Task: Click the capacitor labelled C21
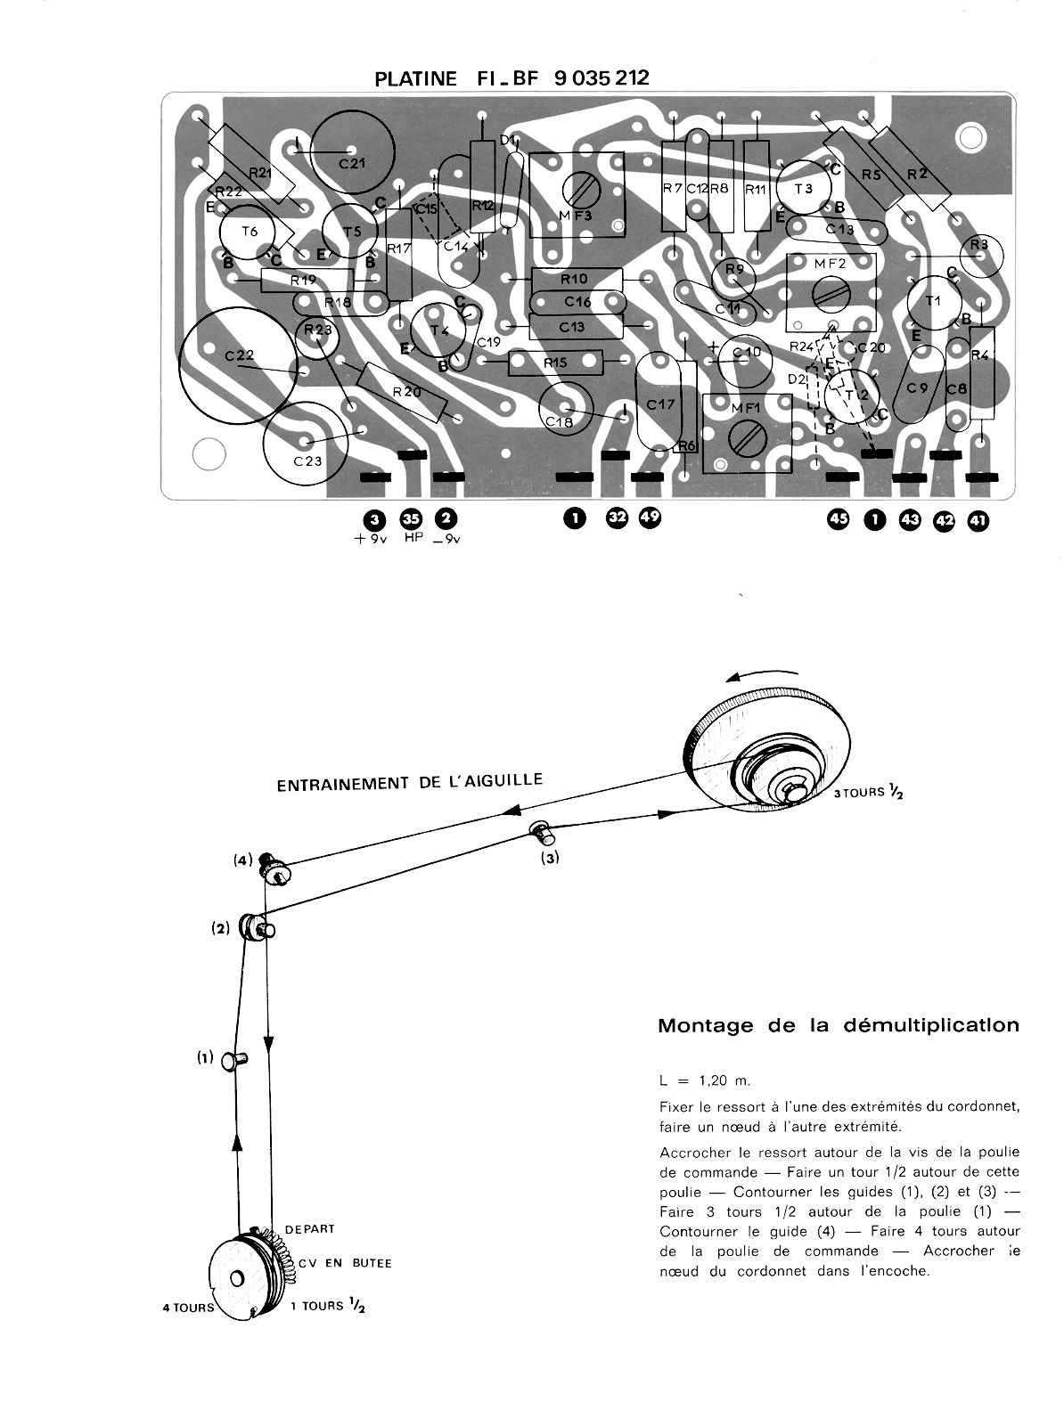[x=353, y=151]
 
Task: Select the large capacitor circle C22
[x=239, y=366]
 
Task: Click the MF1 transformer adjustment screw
[x=749, y=436]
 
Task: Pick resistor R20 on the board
[x=402, y=393]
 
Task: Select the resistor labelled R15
[x=555, y=363]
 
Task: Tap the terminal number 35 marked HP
[x=411, y=518]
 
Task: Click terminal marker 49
[x=649, y=518]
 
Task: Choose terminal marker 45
[x=839, y=520]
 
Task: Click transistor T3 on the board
[x=804, y=189]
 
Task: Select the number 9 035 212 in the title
[x=602, y=77]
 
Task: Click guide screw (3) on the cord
[x=543, y=832]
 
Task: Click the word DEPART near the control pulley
[x=309, y=1228]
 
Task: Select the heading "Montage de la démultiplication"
[x=838, y=1025]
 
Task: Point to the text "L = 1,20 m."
[x=705, y=1080]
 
